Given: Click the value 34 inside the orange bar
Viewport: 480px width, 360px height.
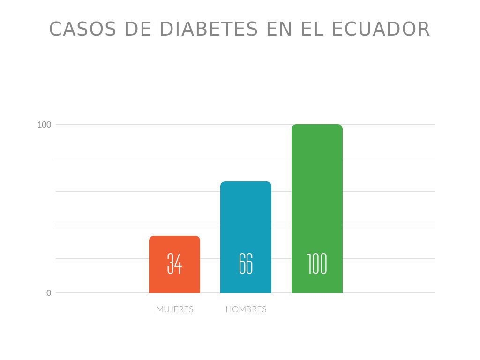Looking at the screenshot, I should click(174, 263).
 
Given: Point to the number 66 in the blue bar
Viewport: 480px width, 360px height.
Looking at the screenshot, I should click(246, 263).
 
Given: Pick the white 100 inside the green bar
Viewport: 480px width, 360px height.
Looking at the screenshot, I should click(317, 263).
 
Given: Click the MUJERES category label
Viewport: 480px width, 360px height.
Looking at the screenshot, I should click(174, 309).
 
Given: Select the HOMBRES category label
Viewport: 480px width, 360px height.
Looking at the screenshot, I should click(246, 309).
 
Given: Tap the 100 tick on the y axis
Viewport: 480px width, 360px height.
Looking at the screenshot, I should click(44, 125).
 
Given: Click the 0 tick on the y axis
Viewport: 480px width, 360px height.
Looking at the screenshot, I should click(49, 293).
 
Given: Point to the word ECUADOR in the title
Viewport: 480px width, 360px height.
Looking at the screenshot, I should click(381, 29).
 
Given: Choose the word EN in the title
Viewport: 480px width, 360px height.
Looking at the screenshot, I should click(277, 29).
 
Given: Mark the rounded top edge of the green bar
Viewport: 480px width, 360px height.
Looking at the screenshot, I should click(317, 126).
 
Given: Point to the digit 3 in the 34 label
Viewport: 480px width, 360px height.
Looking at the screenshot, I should click(171, 263).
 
